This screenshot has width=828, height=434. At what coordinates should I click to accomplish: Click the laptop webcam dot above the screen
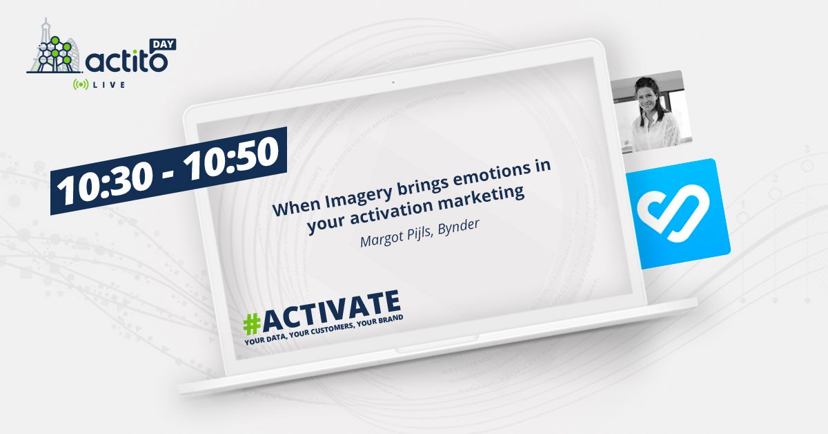pyautogui.click(x=393, y=82)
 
